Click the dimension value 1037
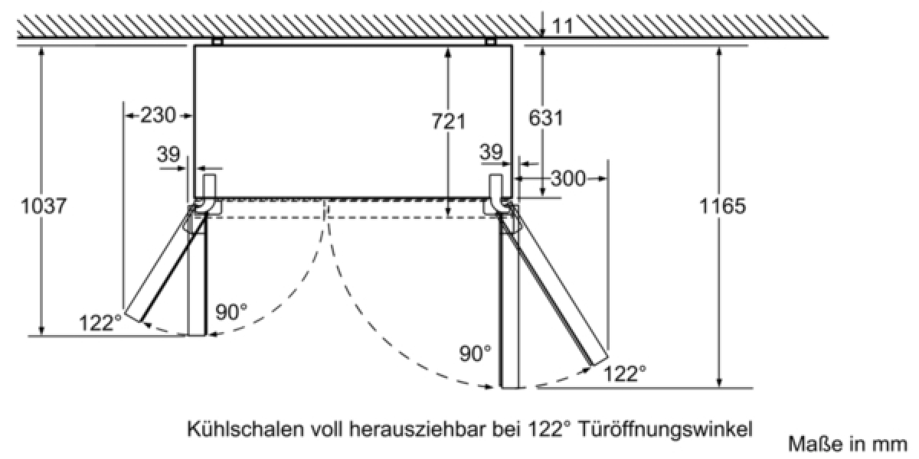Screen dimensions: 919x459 click(x=44, y=206)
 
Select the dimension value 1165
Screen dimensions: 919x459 click(x=722, y=206)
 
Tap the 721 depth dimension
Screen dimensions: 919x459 click(x=449, y=122)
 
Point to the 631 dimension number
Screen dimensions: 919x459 click(x=545, y=118)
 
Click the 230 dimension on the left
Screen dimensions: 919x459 click(x=158, y=116)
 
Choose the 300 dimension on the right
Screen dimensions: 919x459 click(x=567, y=179)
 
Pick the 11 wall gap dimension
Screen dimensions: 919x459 click(x=562, y=26)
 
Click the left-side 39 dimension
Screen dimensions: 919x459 click(x=168, y=155)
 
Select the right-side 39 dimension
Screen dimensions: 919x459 click(x=491, y=152)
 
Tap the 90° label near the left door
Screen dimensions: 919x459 click(x=231, y=312)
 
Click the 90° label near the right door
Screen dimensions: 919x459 click(x=475, y=353)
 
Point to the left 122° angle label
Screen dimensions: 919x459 click(x=100, y=323)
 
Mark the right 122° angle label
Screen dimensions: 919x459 click(x=625, y=374)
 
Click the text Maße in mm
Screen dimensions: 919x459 click(x=848, y=444)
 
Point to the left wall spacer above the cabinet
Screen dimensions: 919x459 click(x=217, y=41)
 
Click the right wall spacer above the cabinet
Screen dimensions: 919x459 click(x=490, y=41)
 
